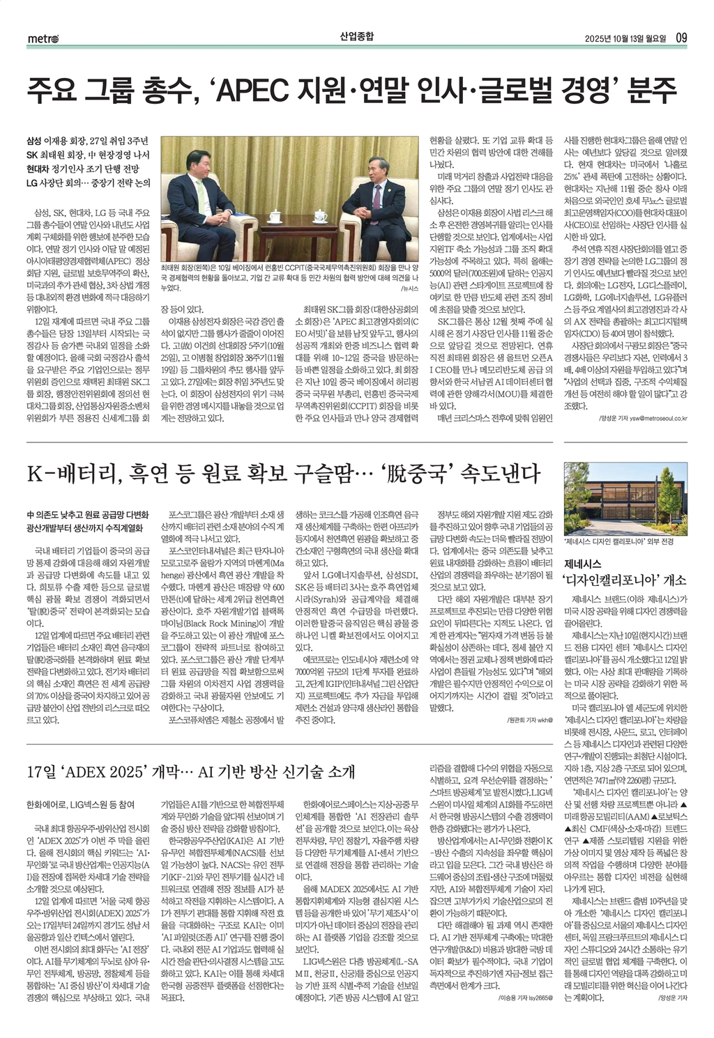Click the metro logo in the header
[43, 38]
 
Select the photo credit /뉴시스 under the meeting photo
[408, 288]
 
